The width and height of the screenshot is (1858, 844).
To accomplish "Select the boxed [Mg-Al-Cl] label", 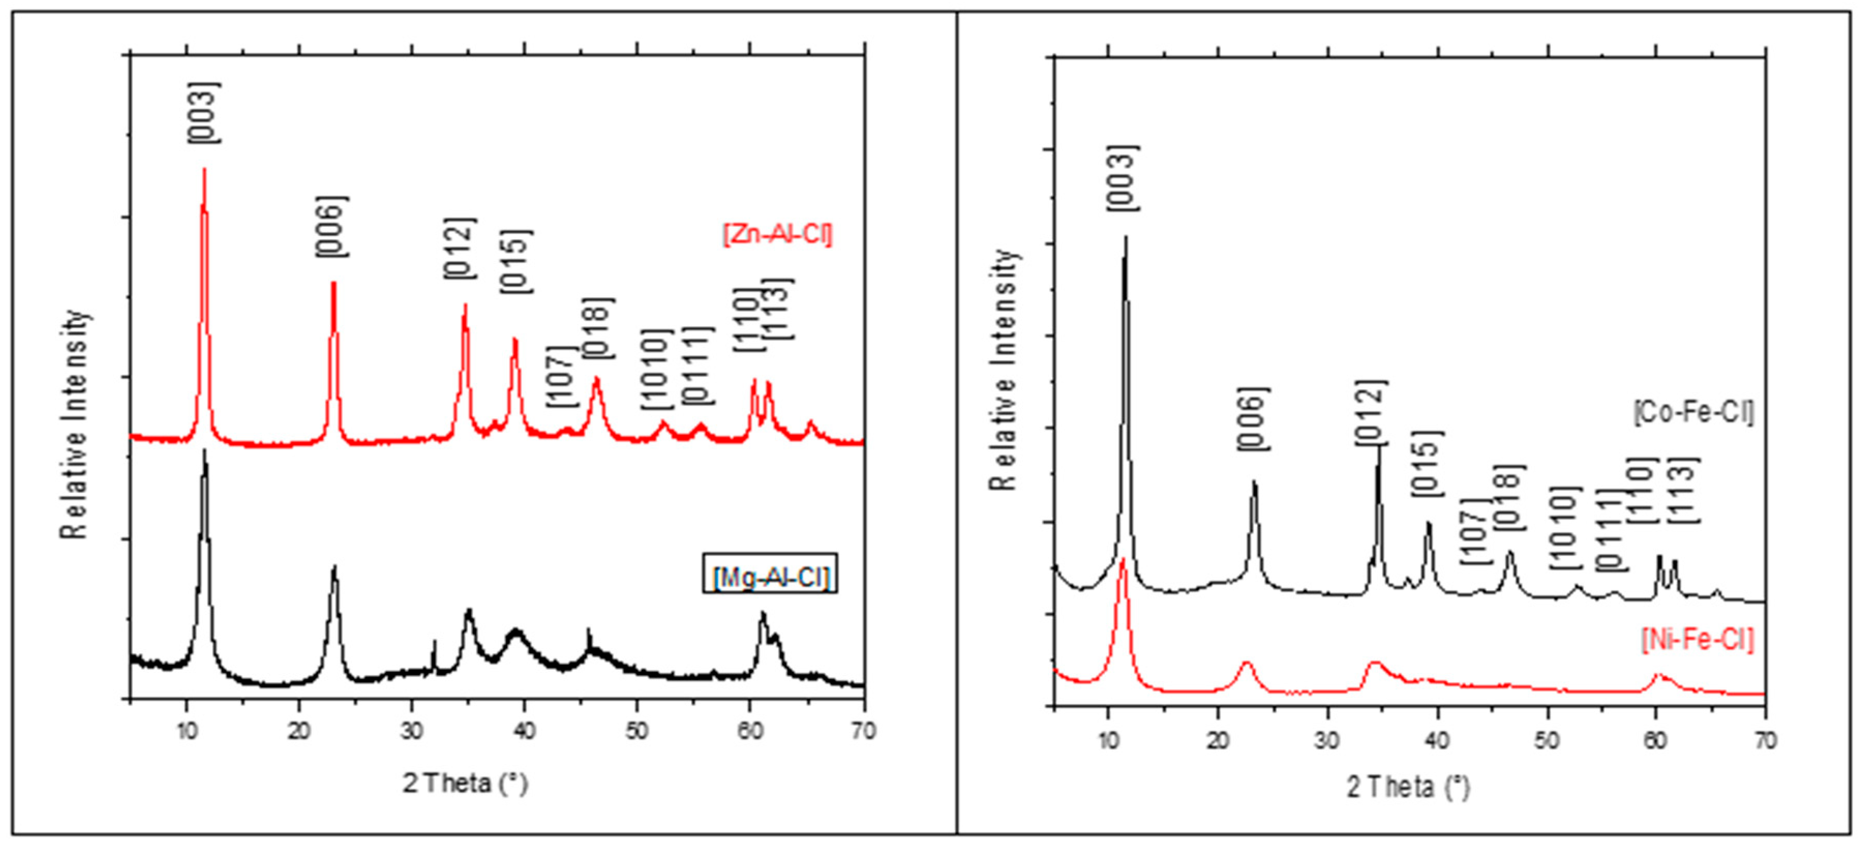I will tap(771, 577).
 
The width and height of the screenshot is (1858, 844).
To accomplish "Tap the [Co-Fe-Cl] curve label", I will tap(1693, 413).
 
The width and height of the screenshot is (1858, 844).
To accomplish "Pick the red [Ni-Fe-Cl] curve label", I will tap(1697, 640).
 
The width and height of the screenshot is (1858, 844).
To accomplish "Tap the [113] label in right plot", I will tap(1685, 490).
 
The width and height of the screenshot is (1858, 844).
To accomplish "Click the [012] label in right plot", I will tap(1371, 412).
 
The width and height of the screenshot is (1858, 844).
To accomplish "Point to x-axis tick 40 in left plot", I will tap(524, 731).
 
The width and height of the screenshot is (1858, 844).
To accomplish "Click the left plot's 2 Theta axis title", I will tap(465, 784).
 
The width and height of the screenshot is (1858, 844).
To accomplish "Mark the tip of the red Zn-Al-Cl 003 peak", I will tap(204, 170).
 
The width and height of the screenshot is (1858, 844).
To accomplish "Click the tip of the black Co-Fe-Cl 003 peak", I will tap(1125, 237).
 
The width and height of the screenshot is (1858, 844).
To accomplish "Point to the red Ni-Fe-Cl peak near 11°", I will tap(1122, 559).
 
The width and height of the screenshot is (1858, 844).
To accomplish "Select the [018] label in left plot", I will tap(598, 328).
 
